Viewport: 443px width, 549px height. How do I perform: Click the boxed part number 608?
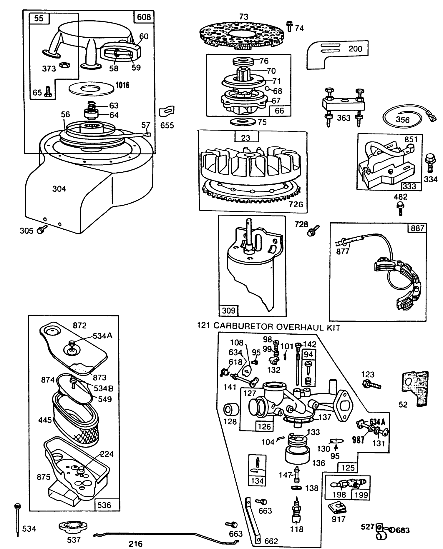[144, 17]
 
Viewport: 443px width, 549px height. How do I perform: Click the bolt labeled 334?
[428, 163]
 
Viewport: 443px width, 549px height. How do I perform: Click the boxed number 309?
[228, 310]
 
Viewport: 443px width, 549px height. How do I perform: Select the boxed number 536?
[104, 505]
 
